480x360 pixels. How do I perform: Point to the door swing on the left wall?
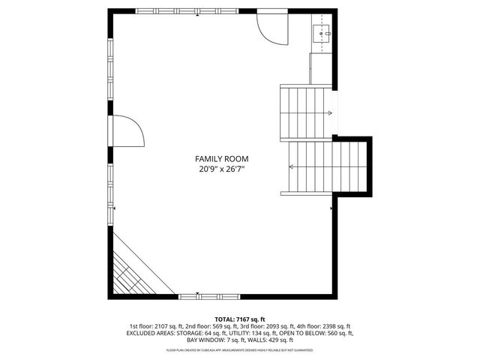pyautogui.click(x=126, y=132)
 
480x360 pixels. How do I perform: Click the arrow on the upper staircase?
pyautogui.click(x=328, y=113)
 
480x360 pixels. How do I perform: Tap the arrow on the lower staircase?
pyautogui.click(x=291, y=166)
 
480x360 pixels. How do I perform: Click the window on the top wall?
pyautogui.click(x=199, y=13)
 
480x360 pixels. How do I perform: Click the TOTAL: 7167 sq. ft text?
pyautogui.click(x=240, y=319)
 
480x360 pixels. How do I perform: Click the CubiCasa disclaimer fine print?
pyautogui.click(x=240, y=350)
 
